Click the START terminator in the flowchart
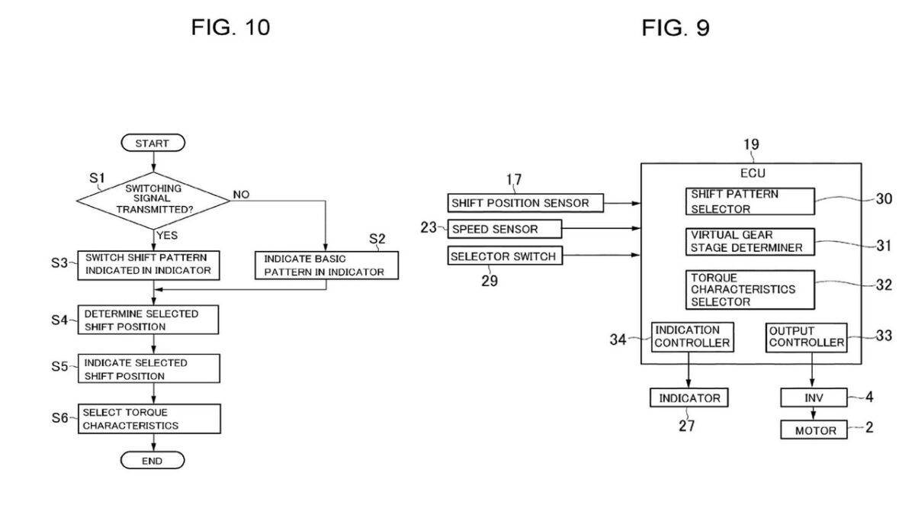(153, 143)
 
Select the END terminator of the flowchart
(152, 461)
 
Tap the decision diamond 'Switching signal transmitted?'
(153, 200)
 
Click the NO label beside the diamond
(241, 195)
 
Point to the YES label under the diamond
(167, 236)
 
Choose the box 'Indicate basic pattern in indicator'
(327, 266)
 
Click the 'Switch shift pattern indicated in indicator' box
(149, 266)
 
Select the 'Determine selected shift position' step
(148, 320)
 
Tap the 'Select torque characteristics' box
(149, 419)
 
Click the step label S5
(59, 366)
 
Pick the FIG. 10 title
(231, 27)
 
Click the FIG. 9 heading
(676, 28)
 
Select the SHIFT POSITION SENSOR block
(525, 203)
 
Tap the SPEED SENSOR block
(505, 229)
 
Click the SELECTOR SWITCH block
(505, 256)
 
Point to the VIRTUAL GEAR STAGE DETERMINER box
(750, 242)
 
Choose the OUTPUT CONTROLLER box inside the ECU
(807, 337)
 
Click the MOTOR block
(814, 430)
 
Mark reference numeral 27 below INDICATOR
(687, 426)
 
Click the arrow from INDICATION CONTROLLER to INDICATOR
(689, 370)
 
